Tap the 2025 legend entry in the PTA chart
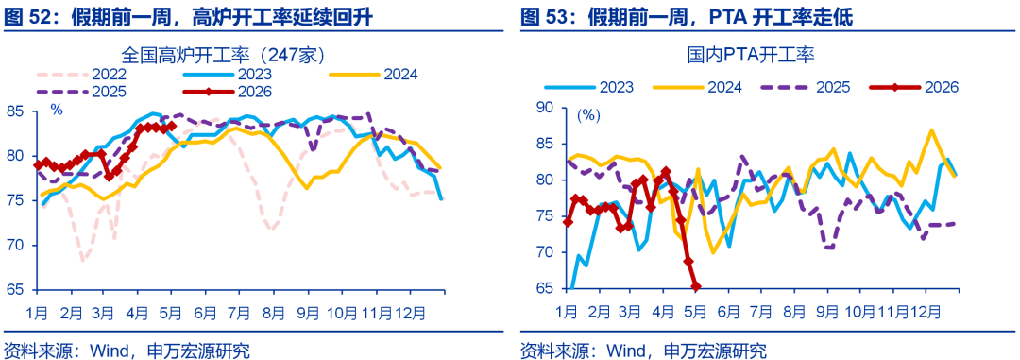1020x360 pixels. [800, 86]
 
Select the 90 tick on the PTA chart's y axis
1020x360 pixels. [545, 108]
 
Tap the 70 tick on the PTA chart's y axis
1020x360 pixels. [545, 252]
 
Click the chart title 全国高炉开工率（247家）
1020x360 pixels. [224, 53]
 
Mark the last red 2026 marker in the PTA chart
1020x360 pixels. [696, 286]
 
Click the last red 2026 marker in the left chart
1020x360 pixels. [171, 126]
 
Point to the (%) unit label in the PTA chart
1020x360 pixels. [588, 116]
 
